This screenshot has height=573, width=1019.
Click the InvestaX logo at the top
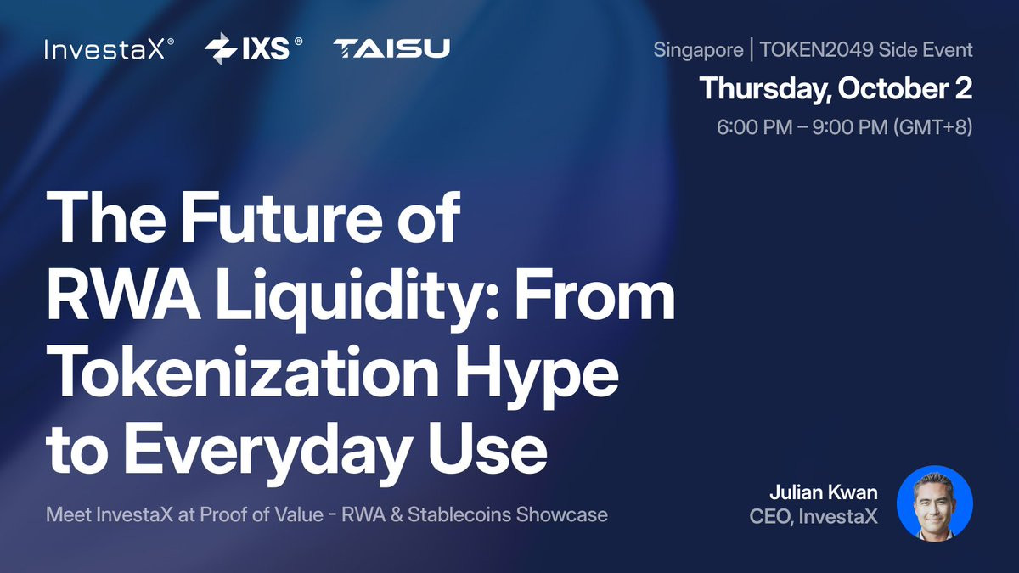tap(110, 49)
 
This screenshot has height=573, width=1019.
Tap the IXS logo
tap(253, 48)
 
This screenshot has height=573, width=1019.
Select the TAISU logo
tap(391, 48)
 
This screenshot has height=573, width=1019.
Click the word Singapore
tap(698, 50)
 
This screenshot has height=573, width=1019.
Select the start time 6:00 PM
tap(755, 126)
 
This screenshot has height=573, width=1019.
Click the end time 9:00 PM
tap(850, 126)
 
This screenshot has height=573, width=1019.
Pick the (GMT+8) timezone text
tap(933, 126)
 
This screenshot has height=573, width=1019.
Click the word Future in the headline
tap(282, 217)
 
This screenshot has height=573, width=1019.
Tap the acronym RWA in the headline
tap(123, 295)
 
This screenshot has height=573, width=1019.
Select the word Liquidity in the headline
tap(357, 297)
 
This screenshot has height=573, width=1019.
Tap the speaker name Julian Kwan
tap(824, 492)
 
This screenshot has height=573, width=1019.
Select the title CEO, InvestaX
tap(814, 517)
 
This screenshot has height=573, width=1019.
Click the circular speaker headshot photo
tap(934, 504)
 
